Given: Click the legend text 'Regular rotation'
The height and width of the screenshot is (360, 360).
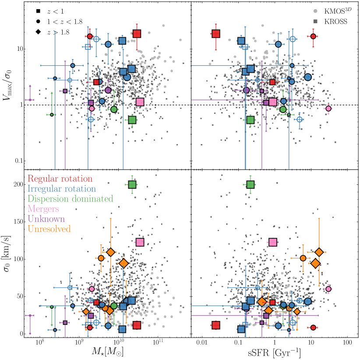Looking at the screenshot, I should click(x=60, y=179).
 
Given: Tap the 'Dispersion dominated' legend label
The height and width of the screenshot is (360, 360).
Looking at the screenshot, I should click(x=70, y=199).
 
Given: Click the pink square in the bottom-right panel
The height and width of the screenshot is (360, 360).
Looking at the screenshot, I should click(x=273, y=242).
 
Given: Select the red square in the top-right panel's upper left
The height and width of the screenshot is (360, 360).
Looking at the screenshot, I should click(x=216, y=34).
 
